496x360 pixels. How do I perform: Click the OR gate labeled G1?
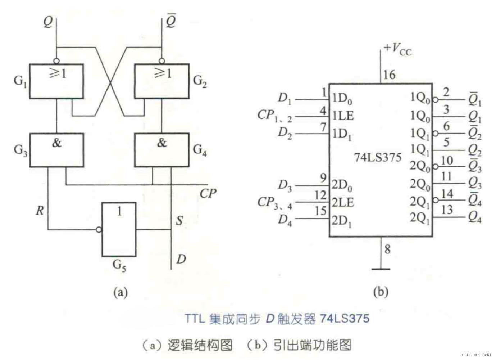coord(56,81)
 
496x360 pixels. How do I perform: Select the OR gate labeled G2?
coord(161,81)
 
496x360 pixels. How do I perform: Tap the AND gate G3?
coord(56,150)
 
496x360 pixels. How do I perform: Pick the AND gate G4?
coord(161,150)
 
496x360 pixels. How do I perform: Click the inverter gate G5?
coord(119,229)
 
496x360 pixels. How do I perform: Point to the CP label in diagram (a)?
coord(208,194)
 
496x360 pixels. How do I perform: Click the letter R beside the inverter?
coord(40,211)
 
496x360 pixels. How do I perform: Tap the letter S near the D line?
coord(179,220)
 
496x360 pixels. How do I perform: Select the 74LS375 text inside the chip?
coord(377,157)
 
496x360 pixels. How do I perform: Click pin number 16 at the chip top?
coord(389,75)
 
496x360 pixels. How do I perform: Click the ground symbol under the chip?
coord(381,268)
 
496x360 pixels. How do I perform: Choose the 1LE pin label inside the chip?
coord(342,116)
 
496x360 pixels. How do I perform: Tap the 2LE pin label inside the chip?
coord(342,202)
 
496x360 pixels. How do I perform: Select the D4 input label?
coord(285,220)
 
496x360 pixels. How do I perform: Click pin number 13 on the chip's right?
coord(446,210)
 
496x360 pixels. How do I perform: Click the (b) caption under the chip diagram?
coord(381,291)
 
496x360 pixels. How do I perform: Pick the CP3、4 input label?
coord(275,203)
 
